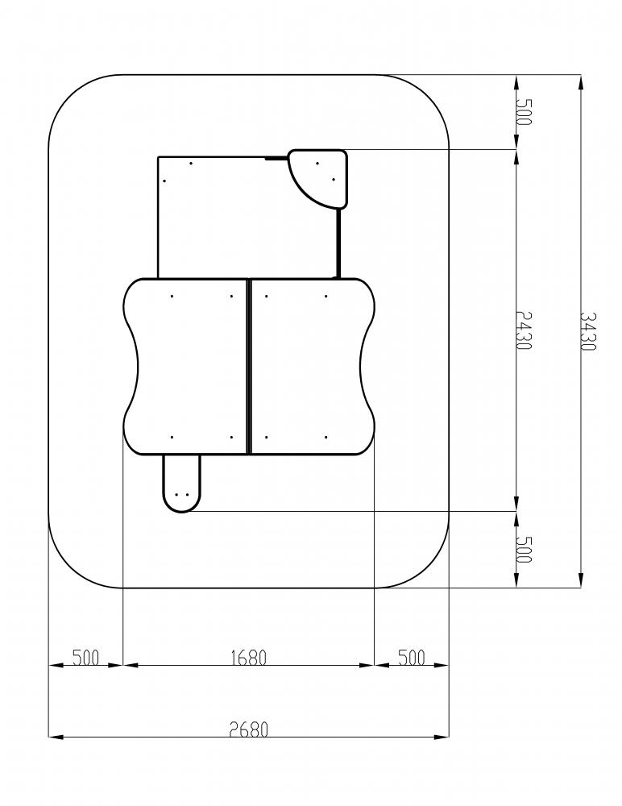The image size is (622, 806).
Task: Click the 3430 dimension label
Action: click(x=588, y=331)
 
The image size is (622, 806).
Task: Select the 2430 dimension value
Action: click(x=524, y=330)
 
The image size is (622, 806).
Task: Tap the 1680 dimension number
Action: click(x=249, y=658)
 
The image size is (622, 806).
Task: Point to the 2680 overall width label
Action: click(x=249, y=729)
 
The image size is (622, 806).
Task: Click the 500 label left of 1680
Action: click(x=85, y=658)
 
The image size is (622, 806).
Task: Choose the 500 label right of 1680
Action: click(x=411, y=658)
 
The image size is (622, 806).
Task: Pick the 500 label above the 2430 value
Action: click(x=524, y=111)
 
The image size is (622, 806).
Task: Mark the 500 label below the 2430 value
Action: click(x=524, y=549)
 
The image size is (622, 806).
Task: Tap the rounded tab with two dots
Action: click(x=182, y=484)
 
